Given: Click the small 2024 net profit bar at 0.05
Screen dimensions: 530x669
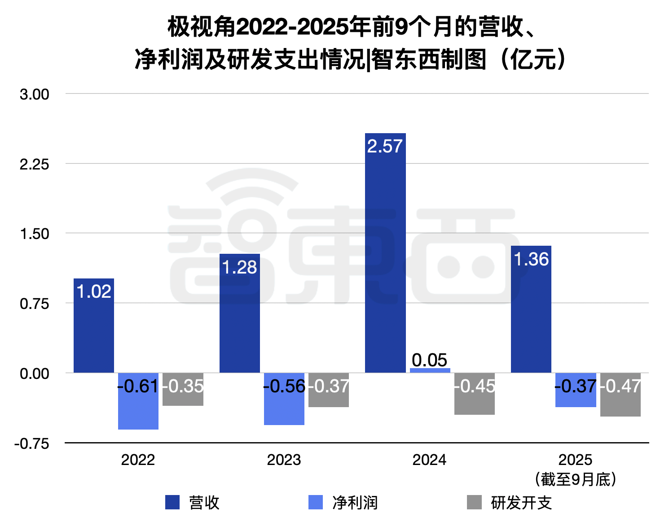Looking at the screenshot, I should tap(430, 370).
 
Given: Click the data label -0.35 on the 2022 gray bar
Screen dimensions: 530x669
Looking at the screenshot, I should tap(183, 386).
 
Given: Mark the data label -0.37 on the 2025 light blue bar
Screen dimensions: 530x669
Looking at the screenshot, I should tap(576, 386).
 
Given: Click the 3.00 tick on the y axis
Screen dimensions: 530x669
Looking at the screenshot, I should tap(34, 95).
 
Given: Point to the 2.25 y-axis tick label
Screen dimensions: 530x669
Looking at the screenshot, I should tap(34, 165).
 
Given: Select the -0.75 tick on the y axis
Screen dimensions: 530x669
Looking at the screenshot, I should tap(31, 444).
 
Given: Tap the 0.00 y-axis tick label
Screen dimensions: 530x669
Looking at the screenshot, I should tap(34, 374).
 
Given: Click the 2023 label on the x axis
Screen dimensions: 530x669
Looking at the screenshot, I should tap(284, 460).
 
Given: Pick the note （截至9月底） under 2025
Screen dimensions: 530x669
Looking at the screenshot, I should tap(575, 479).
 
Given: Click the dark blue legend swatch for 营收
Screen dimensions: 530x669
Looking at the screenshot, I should tap(172, 502).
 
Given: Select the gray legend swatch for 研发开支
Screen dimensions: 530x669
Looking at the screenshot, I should tap(474, 502).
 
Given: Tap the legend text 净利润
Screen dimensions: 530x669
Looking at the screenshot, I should tap(355, 503).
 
